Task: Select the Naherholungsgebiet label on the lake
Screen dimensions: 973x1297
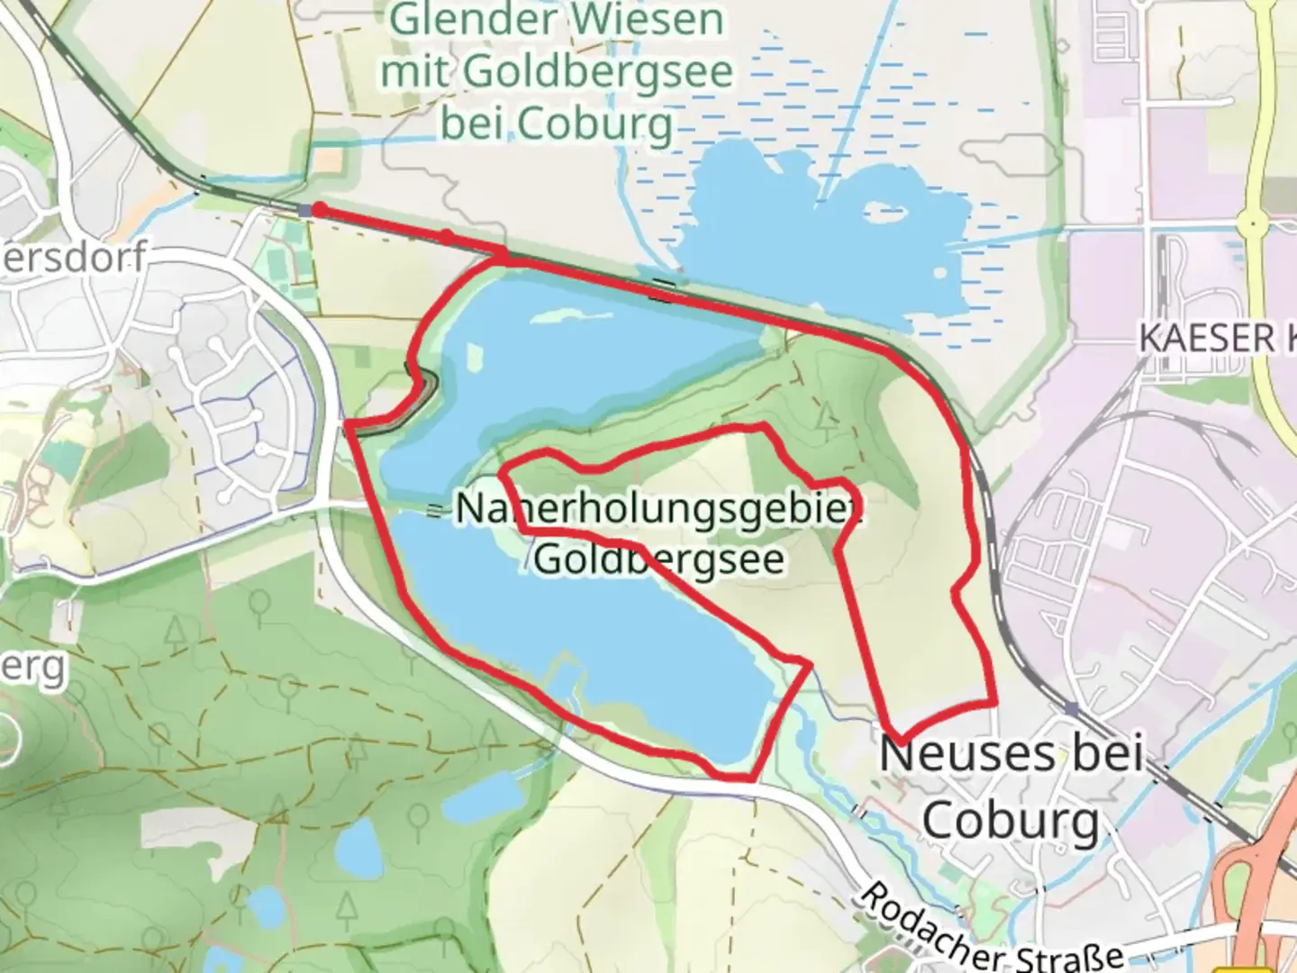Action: click(x=658, y=509)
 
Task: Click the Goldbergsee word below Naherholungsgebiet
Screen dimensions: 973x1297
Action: click(x=658, y=559)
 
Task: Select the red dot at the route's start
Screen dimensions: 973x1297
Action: click(x=319, y=210)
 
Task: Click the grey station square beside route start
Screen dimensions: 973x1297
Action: click(x=305, y=210)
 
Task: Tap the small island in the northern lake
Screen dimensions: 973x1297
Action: click(x=877, y=213)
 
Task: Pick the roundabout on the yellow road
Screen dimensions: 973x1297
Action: click(x=1253, y=221)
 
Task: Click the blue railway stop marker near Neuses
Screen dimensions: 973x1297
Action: click(x=1071, y=708)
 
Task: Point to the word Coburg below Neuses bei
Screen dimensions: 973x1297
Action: click(x=1010, y=820)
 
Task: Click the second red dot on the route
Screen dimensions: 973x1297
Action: click(x=446, y=236)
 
